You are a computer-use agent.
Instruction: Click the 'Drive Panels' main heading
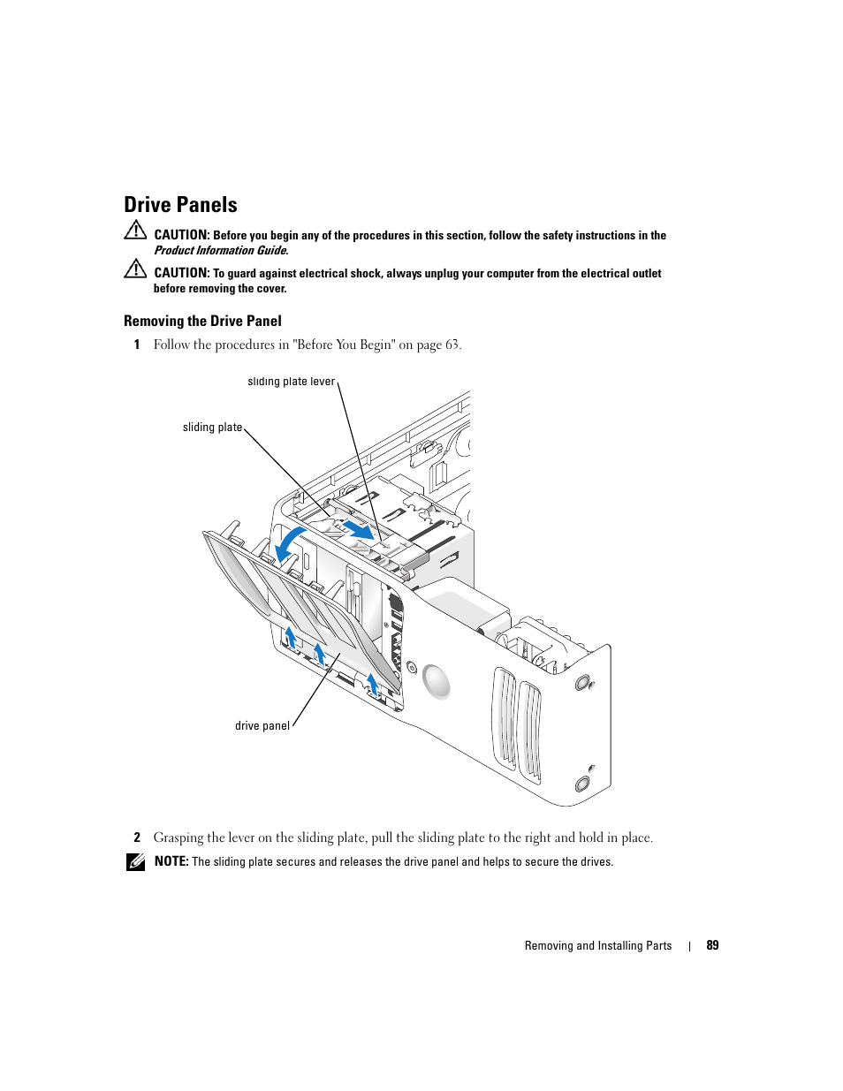(x=180, y=205)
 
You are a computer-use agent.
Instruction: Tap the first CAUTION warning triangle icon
(x=135, y=231)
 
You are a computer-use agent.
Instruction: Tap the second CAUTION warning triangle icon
(x=135, y=269)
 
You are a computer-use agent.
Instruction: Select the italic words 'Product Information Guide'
(x=220, y=251)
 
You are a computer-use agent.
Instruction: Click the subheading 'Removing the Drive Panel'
(x=202, y=322)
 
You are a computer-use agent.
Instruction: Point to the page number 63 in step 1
(x=452, y=345)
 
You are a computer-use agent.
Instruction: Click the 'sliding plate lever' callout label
(x=291, y=382)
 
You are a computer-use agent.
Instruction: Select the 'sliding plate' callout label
(x=212, y=428)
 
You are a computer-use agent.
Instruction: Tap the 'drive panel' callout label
(x=262, y=726)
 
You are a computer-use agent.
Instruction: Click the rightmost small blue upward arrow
(x=373, y=683)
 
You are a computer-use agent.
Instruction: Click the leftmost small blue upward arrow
(x=290, y=636)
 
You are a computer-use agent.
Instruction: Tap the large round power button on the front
(x=437, y=681)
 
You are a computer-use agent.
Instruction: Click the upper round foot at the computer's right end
(x=582, y=682)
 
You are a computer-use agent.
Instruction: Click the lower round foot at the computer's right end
(x=582, y=784)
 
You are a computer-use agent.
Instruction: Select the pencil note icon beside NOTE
(x=135, y=862)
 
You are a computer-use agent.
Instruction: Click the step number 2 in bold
(x=137, y=837)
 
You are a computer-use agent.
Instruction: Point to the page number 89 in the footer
(x=712, y=945)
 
